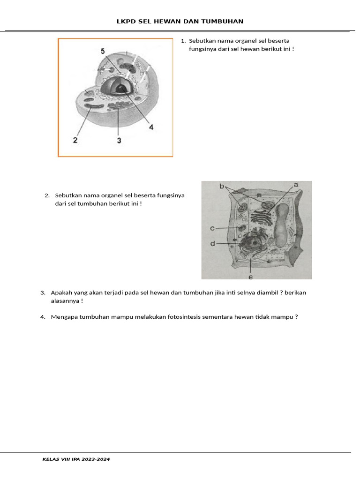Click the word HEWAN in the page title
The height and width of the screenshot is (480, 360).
click(176, 22)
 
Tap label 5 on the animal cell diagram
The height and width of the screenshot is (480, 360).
click(103, 51)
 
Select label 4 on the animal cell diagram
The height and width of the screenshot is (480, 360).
click(151, 127)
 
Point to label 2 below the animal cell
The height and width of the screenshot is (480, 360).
click(75, 140)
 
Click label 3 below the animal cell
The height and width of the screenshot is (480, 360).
click(119, 140)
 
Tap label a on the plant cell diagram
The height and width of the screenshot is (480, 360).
click(296, 185)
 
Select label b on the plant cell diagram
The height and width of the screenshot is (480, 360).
click(222, 186)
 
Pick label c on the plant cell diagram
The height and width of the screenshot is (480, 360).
click(212, 228)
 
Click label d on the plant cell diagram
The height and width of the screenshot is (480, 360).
click(212, 244)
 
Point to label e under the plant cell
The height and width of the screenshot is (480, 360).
click(250, 277)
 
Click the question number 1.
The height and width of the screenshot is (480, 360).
click(183, 41)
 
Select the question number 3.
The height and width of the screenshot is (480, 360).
click(43, 292)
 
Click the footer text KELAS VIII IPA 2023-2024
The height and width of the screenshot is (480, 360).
click(76, 459)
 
